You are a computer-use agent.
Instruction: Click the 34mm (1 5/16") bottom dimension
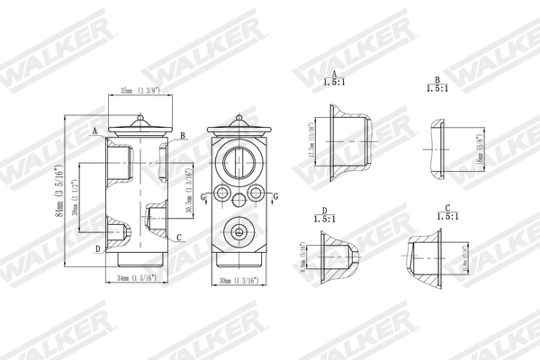point(137,278)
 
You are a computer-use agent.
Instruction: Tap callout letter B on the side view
point(183,135)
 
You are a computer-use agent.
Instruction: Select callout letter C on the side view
point(180,238)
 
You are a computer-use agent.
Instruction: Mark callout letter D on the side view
point(97,248)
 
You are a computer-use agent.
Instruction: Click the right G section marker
point(275,195)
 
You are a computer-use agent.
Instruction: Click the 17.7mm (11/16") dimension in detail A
point(310,141)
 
